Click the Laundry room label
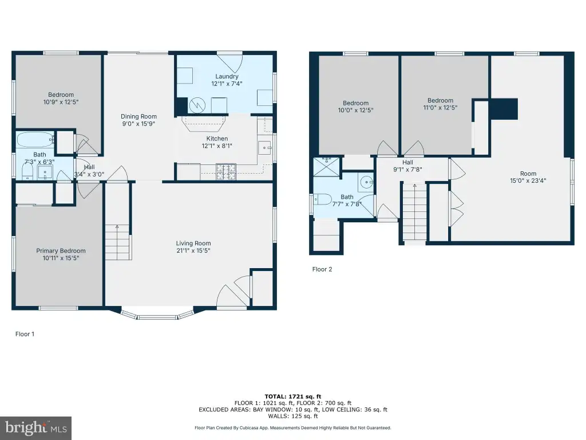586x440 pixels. point(227,76)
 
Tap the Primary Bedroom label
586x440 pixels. point(61,251)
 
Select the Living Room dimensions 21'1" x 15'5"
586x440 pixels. point(193,250)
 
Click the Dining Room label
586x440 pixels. point(138,116)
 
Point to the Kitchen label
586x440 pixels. point(217,139)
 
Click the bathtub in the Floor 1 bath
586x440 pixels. point(35,140)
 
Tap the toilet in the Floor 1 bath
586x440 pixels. point(27,172)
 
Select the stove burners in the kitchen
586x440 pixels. point(226,172)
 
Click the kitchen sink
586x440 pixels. point(264,148)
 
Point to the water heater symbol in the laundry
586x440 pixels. point(197,105)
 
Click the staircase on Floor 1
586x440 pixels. point(118,242)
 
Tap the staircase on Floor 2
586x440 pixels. point(414,212)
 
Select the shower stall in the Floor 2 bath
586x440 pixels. point(327,167)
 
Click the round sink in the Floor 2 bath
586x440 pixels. point(366,183)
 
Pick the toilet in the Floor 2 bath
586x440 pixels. point(323,199)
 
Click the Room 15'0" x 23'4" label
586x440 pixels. point(528,177)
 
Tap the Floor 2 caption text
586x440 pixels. point(322,269)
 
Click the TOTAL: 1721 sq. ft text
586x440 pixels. point(293,396)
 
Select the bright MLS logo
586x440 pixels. point(36,428)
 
